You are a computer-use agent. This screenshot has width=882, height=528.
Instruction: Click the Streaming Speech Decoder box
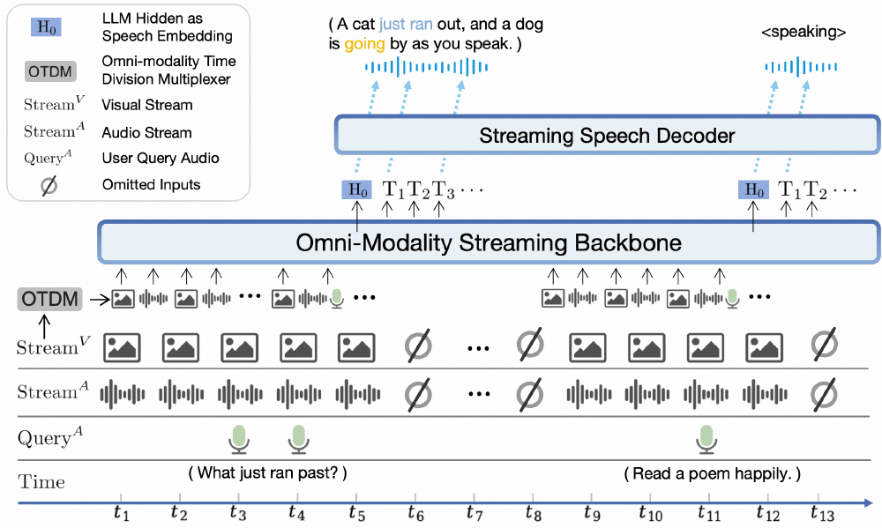607,137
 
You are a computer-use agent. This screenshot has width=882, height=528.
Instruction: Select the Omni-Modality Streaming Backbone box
488,241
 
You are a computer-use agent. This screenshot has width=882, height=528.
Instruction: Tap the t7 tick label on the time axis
474,512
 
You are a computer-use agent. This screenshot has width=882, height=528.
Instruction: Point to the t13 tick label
822,512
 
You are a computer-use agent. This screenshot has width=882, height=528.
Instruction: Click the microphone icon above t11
705,438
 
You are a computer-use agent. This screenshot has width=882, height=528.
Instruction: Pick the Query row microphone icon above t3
238,438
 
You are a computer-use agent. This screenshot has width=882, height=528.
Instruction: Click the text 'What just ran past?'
268,473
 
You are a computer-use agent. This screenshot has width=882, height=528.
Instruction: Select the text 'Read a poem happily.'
712,473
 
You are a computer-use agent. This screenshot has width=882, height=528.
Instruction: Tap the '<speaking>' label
803,33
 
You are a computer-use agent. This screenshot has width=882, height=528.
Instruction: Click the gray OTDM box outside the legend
49,299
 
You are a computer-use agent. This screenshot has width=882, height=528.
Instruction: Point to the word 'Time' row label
42,481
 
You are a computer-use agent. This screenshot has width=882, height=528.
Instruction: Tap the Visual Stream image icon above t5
356,346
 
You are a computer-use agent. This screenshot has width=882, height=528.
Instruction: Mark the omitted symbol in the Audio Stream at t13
822,392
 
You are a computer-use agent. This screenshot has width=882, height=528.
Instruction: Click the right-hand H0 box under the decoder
752,190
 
